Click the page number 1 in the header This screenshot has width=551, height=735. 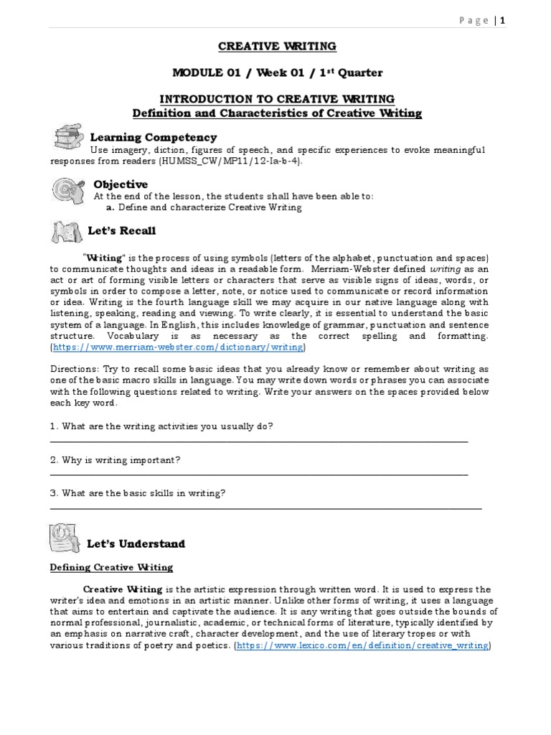(503, 21)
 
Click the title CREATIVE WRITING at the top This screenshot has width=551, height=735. (277, 47)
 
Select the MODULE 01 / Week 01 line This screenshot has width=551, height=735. (277, 72)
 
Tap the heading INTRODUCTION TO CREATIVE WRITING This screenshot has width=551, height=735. (277, 99)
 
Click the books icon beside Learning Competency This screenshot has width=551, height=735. (67, 137)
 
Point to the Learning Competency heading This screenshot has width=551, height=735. (153, 137)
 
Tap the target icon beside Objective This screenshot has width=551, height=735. (67, 189)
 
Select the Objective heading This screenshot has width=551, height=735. (121, 184)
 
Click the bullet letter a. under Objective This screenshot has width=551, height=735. (110, 207)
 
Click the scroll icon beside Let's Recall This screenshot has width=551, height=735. (67, 232)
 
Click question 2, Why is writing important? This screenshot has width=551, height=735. (115, 459)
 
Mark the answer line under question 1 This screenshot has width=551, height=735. (258, 441)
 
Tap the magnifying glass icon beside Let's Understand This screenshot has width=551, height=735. (65, 539)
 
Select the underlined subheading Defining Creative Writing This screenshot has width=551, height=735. (111, 567)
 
